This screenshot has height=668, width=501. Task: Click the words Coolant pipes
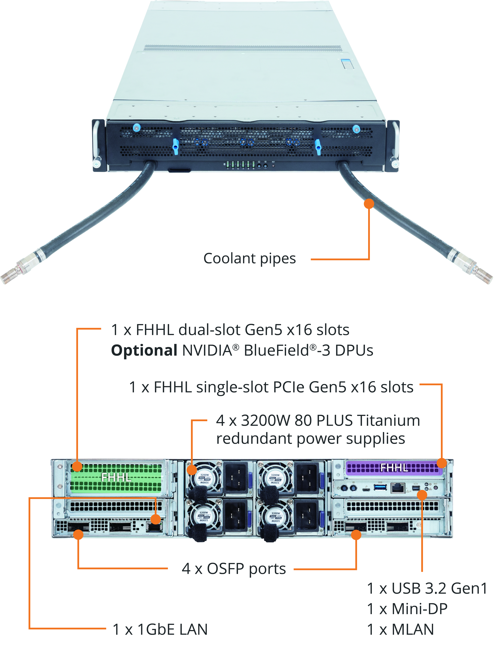pyautogui.click(x=249, y=258)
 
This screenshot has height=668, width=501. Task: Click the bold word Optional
pyautogui.click(x=144, y=351)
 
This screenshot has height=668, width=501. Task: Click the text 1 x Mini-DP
pyautogui.click(x=407, y=609)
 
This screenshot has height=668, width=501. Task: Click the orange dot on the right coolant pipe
pyautogui.click(x=369, y=204)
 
